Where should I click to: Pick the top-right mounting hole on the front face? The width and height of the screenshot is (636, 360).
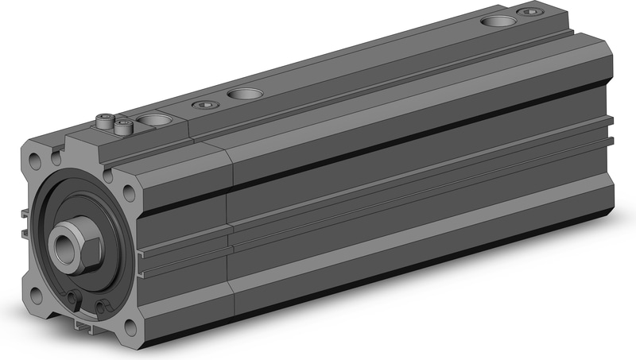(x=130, y=191)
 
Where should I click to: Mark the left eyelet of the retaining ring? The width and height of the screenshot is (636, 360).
(x=73, y=299)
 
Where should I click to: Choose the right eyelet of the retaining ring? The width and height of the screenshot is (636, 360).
(x=102, y=306)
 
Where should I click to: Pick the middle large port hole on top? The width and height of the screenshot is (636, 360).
(x=241, y=95)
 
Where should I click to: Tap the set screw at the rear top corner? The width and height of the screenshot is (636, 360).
(x=530, y=11)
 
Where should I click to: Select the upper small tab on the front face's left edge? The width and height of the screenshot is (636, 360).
(x=26, y=213)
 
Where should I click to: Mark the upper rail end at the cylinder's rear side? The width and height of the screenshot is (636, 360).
(x=611, y=122)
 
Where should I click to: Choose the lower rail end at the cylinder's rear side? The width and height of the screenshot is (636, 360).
(x=611, y=141)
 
